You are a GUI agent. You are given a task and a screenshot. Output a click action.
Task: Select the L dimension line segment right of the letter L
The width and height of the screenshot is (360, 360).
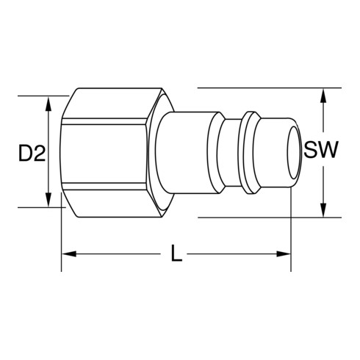click(x=235, y=254)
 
